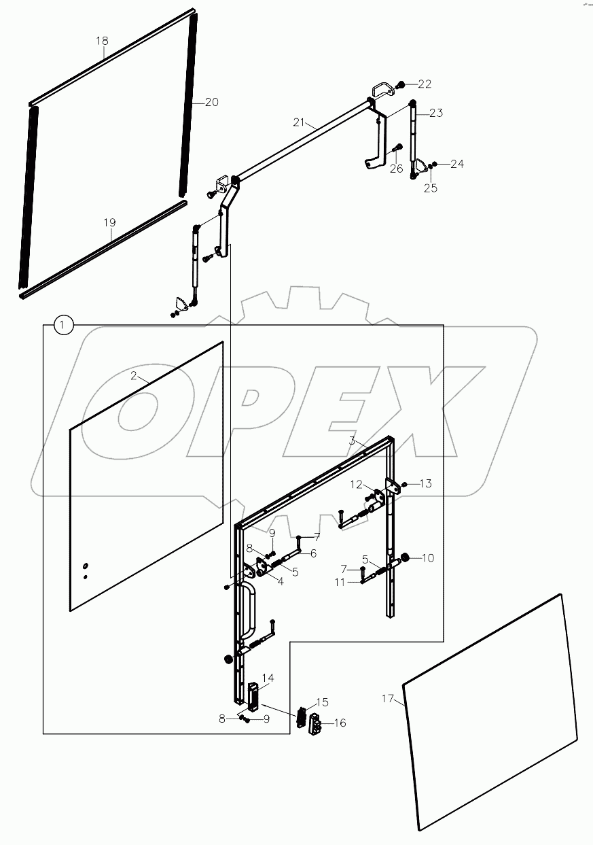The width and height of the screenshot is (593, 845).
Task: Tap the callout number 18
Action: (101, 41)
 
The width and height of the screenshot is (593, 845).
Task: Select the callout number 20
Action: (211, 102)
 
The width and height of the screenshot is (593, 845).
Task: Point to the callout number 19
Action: (110, 222)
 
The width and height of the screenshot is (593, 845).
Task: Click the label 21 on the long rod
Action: (300, 122)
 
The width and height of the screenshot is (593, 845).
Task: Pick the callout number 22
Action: (425, 84)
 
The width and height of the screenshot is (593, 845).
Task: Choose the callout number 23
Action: (435, 113)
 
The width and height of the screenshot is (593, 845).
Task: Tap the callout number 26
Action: (397, 169)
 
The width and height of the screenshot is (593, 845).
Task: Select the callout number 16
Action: (339, 723)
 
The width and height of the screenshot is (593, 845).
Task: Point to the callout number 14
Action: (268, 678)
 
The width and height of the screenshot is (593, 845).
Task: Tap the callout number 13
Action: (425, 483)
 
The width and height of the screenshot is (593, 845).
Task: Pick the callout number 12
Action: (357, 485)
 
